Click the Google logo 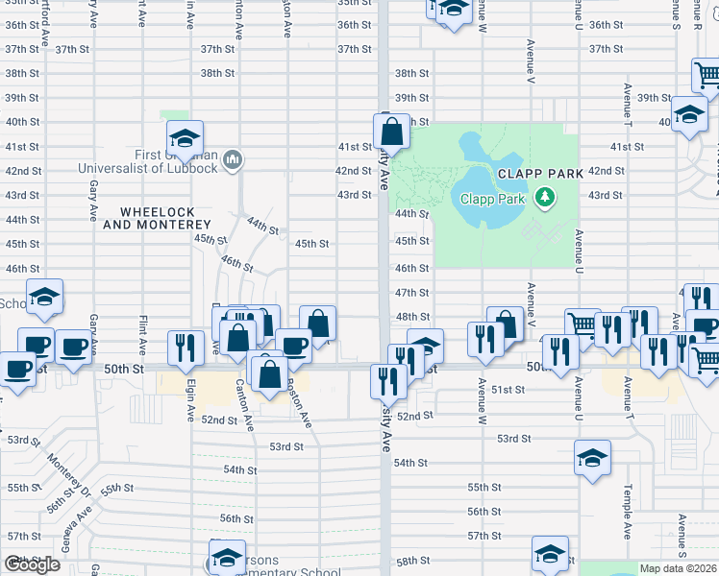tap(32, 564)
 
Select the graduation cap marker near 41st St tap(185, 138)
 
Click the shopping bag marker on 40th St tap(391, 130)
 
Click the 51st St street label tap(508, 390)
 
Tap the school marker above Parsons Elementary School tap(226, 558)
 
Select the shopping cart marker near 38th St tap(707, 74)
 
